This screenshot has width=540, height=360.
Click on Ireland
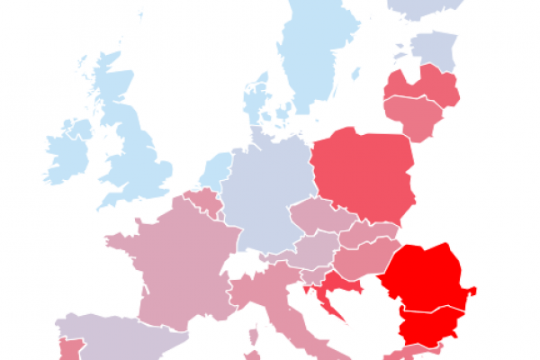pos(67,153)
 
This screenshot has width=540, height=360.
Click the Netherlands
pos(216,171)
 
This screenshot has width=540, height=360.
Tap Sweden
pos(315,54)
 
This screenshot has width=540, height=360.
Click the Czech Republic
pos(315,217)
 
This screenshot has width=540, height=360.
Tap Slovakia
pos(369,232)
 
